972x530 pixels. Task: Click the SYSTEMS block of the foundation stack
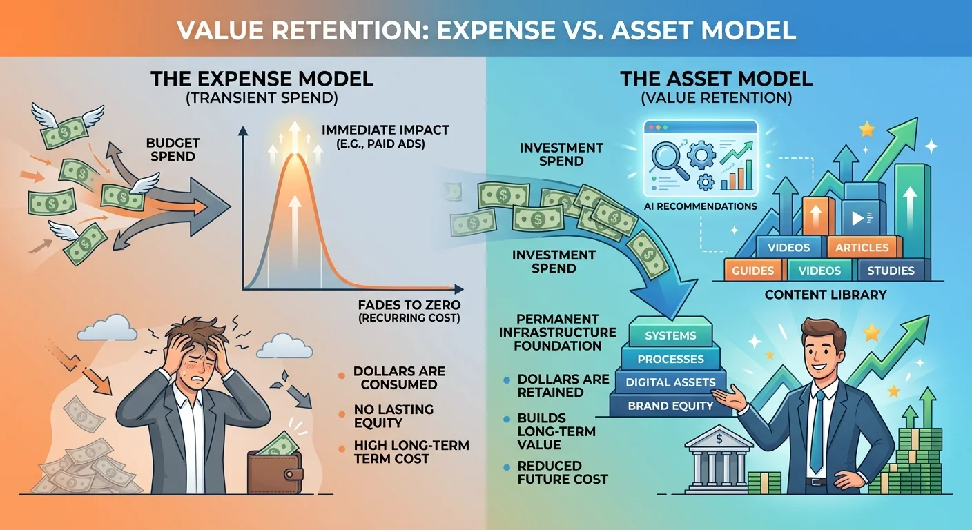click(670, 336)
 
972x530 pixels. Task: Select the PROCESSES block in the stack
click(670, 359)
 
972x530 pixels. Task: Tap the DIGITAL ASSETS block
click(670, 382)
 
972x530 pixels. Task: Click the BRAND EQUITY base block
click(670, 406)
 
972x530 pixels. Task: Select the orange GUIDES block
click(752, 271)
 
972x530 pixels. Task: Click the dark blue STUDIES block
click(891, 271)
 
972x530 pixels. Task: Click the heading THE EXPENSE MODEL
click(262, 79)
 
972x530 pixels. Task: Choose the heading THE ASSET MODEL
click(716, 79)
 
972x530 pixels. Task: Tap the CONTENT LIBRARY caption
click(825, 295)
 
